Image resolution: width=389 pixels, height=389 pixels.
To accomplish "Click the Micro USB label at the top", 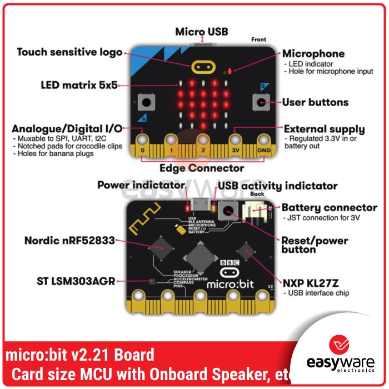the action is coord(202,32).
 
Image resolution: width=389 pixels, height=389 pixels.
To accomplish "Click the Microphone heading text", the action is coord(313,54).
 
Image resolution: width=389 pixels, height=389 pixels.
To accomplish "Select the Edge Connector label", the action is coord(202,167).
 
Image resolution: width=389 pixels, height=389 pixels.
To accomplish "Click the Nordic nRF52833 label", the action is coord(69,241).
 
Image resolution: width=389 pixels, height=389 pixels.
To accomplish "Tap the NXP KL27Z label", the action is coord(311,281).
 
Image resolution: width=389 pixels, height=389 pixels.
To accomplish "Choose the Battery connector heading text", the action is coord(330,207).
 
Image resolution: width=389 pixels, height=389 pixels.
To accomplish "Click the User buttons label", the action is coord(315,102).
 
